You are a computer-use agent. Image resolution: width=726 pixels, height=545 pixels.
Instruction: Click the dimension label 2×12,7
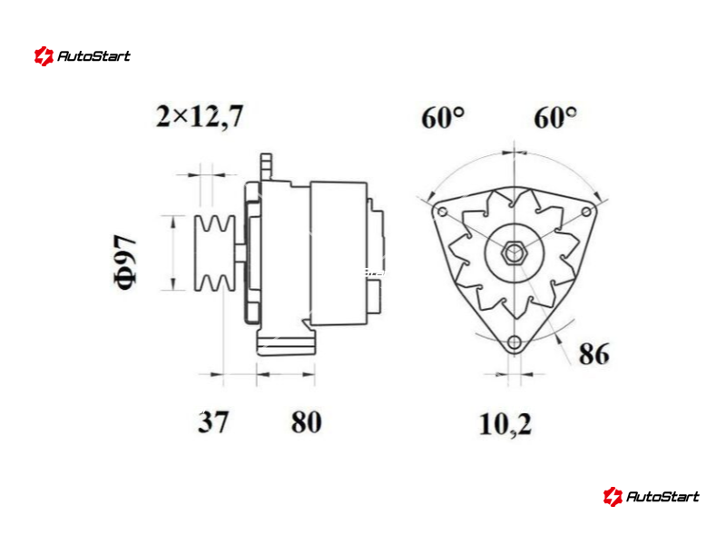[200, 117]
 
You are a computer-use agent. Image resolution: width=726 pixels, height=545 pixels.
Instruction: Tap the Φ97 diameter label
[125, 262]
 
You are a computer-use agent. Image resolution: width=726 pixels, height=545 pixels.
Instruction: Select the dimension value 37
[213, 421]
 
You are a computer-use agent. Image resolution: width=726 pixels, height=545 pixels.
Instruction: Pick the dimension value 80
[306, 421]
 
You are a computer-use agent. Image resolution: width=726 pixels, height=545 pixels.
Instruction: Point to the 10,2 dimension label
[505, 424]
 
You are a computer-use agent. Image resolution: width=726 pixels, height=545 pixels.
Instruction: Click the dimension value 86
[594, 354]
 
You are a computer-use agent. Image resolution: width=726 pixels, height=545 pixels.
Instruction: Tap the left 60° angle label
[443, 117]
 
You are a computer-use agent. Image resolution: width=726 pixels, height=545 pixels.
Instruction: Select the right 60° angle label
[555, 117]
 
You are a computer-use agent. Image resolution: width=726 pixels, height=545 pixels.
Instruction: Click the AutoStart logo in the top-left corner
[83, 56]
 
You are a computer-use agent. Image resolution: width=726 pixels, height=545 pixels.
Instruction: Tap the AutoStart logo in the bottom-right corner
[651, 496]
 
